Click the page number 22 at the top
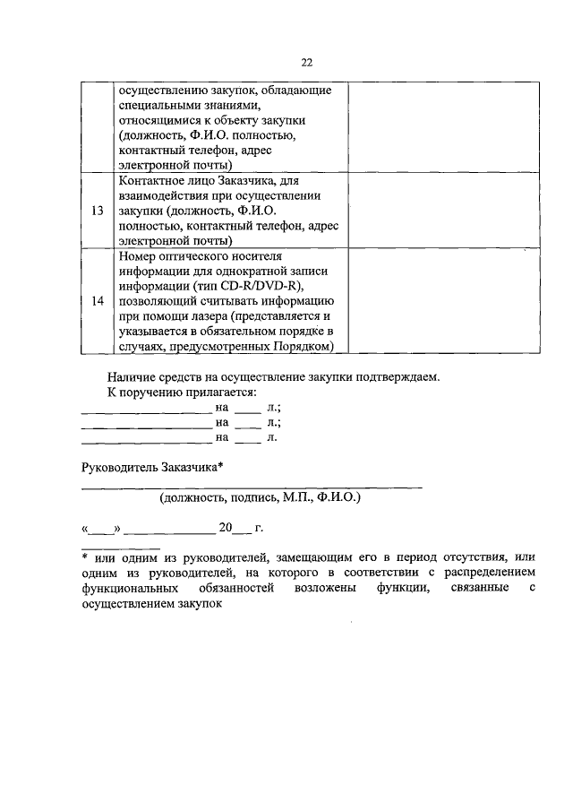point(306,62)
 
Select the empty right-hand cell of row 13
point(420,211)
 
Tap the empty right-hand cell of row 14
point(420,301)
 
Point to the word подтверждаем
point(398,377)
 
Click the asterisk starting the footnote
point(84,558)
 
